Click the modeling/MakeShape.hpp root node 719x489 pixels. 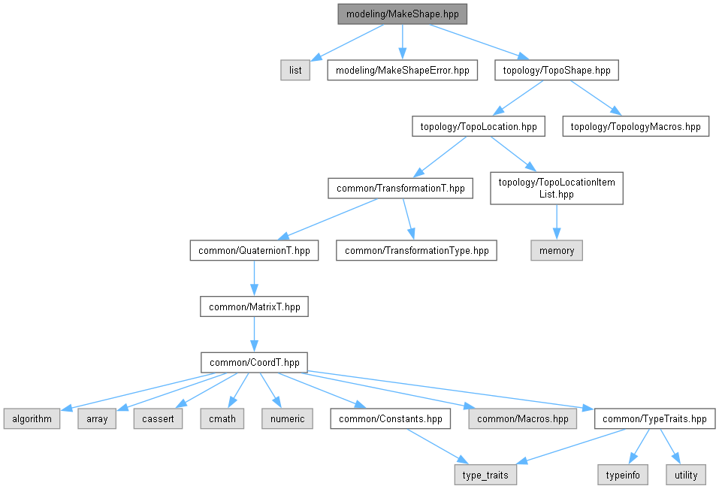(403, 14)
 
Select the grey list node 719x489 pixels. (295, 71)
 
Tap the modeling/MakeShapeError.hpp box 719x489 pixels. (402, 71)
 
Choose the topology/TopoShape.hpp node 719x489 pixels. (556, 71)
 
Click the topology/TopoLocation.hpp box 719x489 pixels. (478, 127)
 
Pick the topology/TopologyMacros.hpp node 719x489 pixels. (636, 127)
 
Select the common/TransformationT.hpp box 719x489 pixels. (400, 188)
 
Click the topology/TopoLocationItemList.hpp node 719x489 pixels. (557, 188)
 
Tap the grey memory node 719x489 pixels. (557, 250)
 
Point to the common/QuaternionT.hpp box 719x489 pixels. (254, 250)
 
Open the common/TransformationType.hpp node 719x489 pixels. (416, 250)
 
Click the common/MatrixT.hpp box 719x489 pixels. (254, 306)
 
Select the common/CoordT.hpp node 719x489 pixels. (254, 362)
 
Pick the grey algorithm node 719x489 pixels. (32, 418)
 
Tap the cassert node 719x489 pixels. (158, 418)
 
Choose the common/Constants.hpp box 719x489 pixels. (391, 418)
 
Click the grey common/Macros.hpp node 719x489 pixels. (523, 418)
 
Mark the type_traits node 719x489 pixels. (485, 475)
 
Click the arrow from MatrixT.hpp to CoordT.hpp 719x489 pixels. (254, 334)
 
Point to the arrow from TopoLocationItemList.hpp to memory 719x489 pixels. (557, 222)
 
